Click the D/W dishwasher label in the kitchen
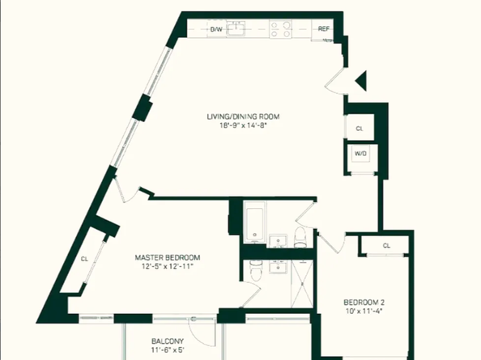(216, 29)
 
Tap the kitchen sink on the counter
(237, 30)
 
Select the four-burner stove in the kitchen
(280, 30)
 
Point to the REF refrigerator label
(324, 29)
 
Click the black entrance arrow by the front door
(361, 79)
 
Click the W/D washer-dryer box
(360, 154)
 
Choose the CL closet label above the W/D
(359, 128)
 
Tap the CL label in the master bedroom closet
(84, 260)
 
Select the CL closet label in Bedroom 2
(386, 245)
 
